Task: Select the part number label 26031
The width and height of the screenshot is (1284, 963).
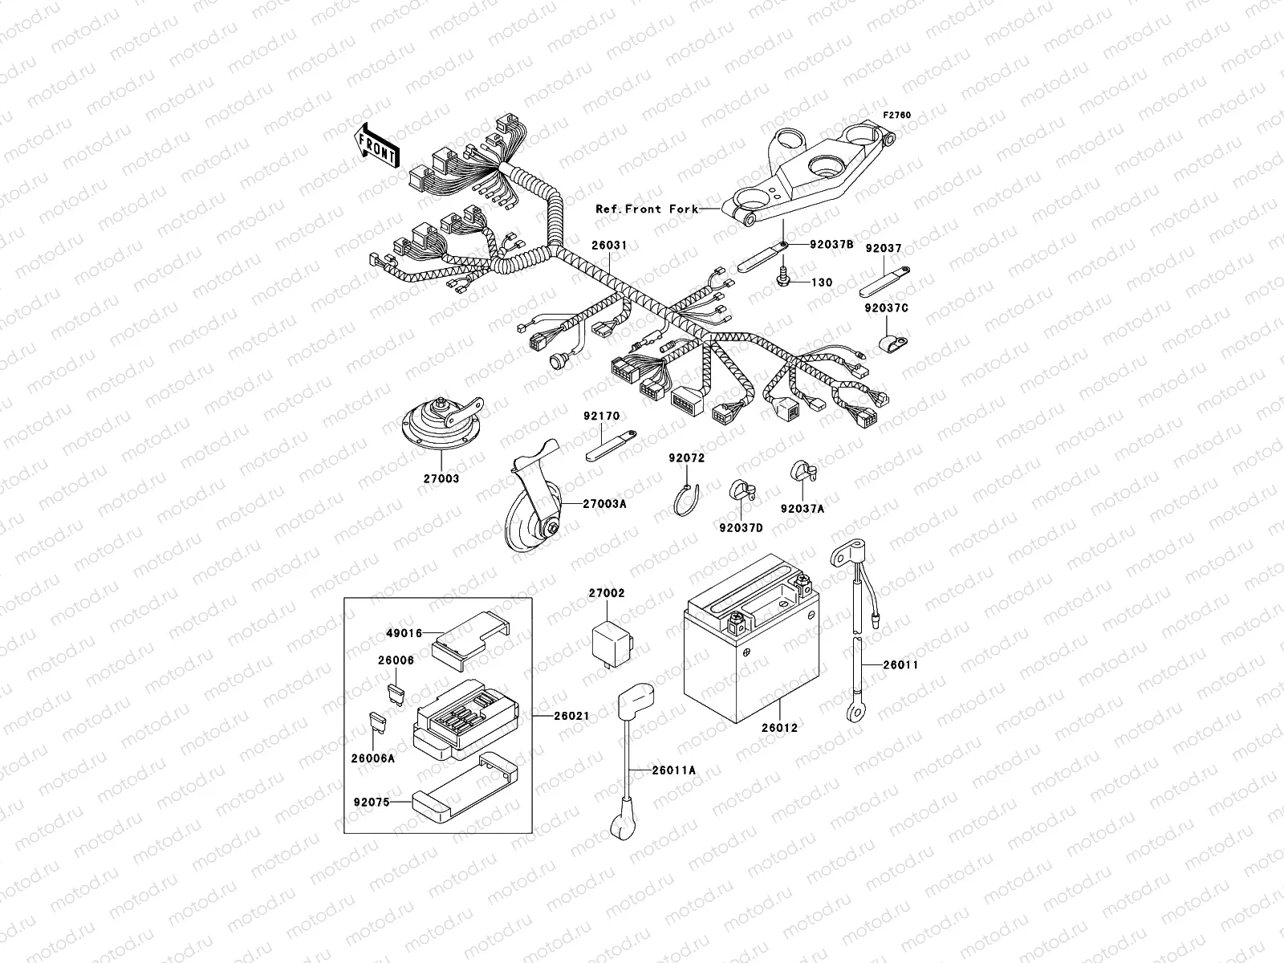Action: pyautogui.click(x=609, y=245)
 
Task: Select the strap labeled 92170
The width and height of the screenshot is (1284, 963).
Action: pyautogui.click(x=609, y=444)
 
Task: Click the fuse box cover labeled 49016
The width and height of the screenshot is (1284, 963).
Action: pyautogui.click(x=472, y=645)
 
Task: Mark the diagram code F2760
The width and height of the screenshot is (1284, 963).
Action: pyautogui.click(x=898, y=116)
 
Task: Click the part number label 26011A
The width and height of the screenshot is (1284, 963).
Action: pyautogui.click(x=673, y=770)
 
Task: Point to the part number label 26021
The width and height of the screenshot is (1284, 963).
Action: pyautogui.click(x=571, y=715)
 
